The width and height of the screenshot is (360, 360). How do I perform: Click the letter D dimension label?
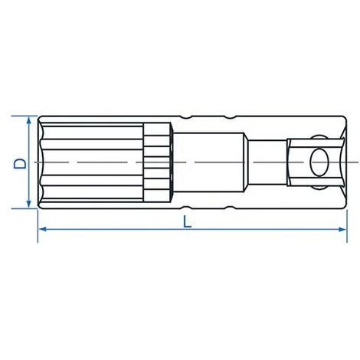(20, 164)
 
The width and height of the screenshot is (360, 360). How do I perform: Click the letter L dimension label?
(187, 221)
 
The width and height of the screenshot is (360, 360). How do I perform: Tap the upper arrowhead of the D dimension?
(29, 120)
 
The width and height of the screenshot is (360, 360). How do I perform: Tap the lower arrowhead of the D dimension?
(29, 204)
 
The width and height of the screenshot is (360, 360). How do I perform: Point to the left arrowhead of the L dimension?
(43, 229)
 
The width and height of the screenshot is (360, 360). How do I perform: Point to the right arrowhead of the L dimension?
(342, 229)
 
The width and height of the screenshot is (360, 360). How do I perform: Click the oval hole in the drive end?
(319, 162)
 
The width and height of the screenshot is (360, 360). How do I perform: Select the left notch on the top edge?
(186, 117)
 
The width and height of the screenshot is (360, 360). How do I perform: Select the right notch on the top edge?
(230, 117)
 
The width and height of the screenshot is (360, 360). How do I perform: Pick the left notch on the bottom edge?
(186, 208)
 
